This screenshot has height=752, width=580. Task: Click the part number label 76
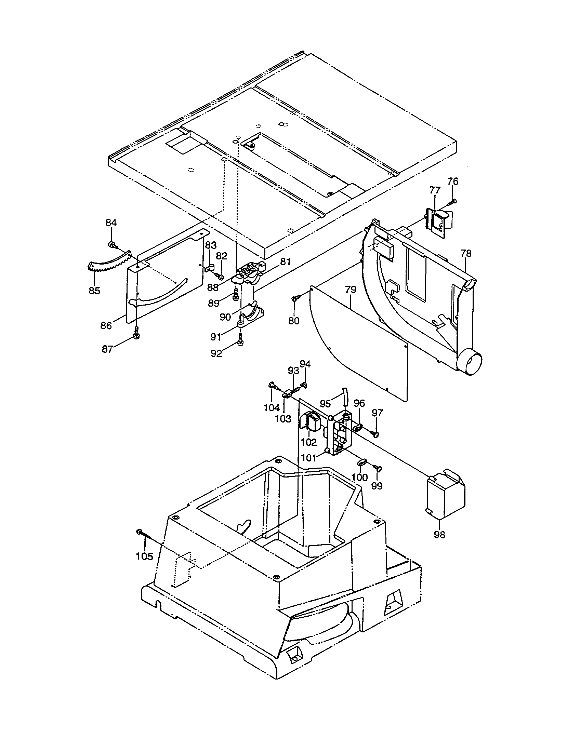click(453, 181)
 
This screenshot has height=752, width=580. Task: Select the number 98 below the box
click(439, 535)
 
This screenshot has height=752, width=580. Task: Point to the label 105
click(144, 556)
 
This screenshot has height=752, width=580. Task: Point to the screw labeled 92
click(240, 339)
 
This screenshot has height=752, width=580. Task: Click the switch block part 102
click(312, 422)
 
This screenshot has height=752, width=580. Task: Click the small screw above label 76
click(453, 200)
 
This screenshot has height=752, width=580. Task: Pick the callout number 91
click(215, 337)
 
